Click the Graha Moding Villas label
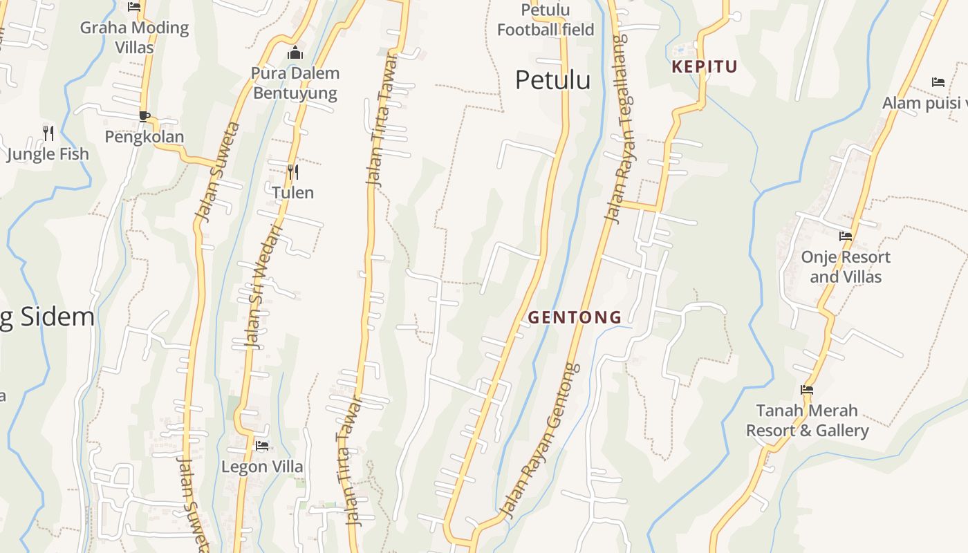(x=134, y=37)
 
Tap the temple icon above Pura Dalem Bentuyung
(x=295, y=53)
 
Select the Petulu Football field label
(x=546, y=20)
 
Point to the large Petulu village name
(x=552, y=80)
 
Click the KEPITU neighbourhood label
(x=705, y=67)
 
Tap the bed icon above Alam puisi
(x=938, y=82)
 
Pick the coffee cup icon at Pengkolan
(x=144, y=116)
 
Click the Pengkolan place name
(x=145, y=137)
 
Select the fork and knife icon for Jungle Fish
(x=48, y=133)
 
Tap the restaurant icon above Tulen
(x=293, y=171)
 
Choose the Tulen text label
(x=293, y=193)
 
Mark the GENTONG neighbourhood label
(x=575, y=317)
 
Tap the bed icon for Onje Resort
(x=845, y=236)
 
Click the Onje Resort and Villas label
(x=845, y=267)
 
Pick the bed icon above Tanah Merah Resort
(x=806, y=390)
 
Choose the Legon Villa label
(x=262, y=467)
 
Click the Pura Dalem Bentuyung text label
(x=295, y=83)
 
